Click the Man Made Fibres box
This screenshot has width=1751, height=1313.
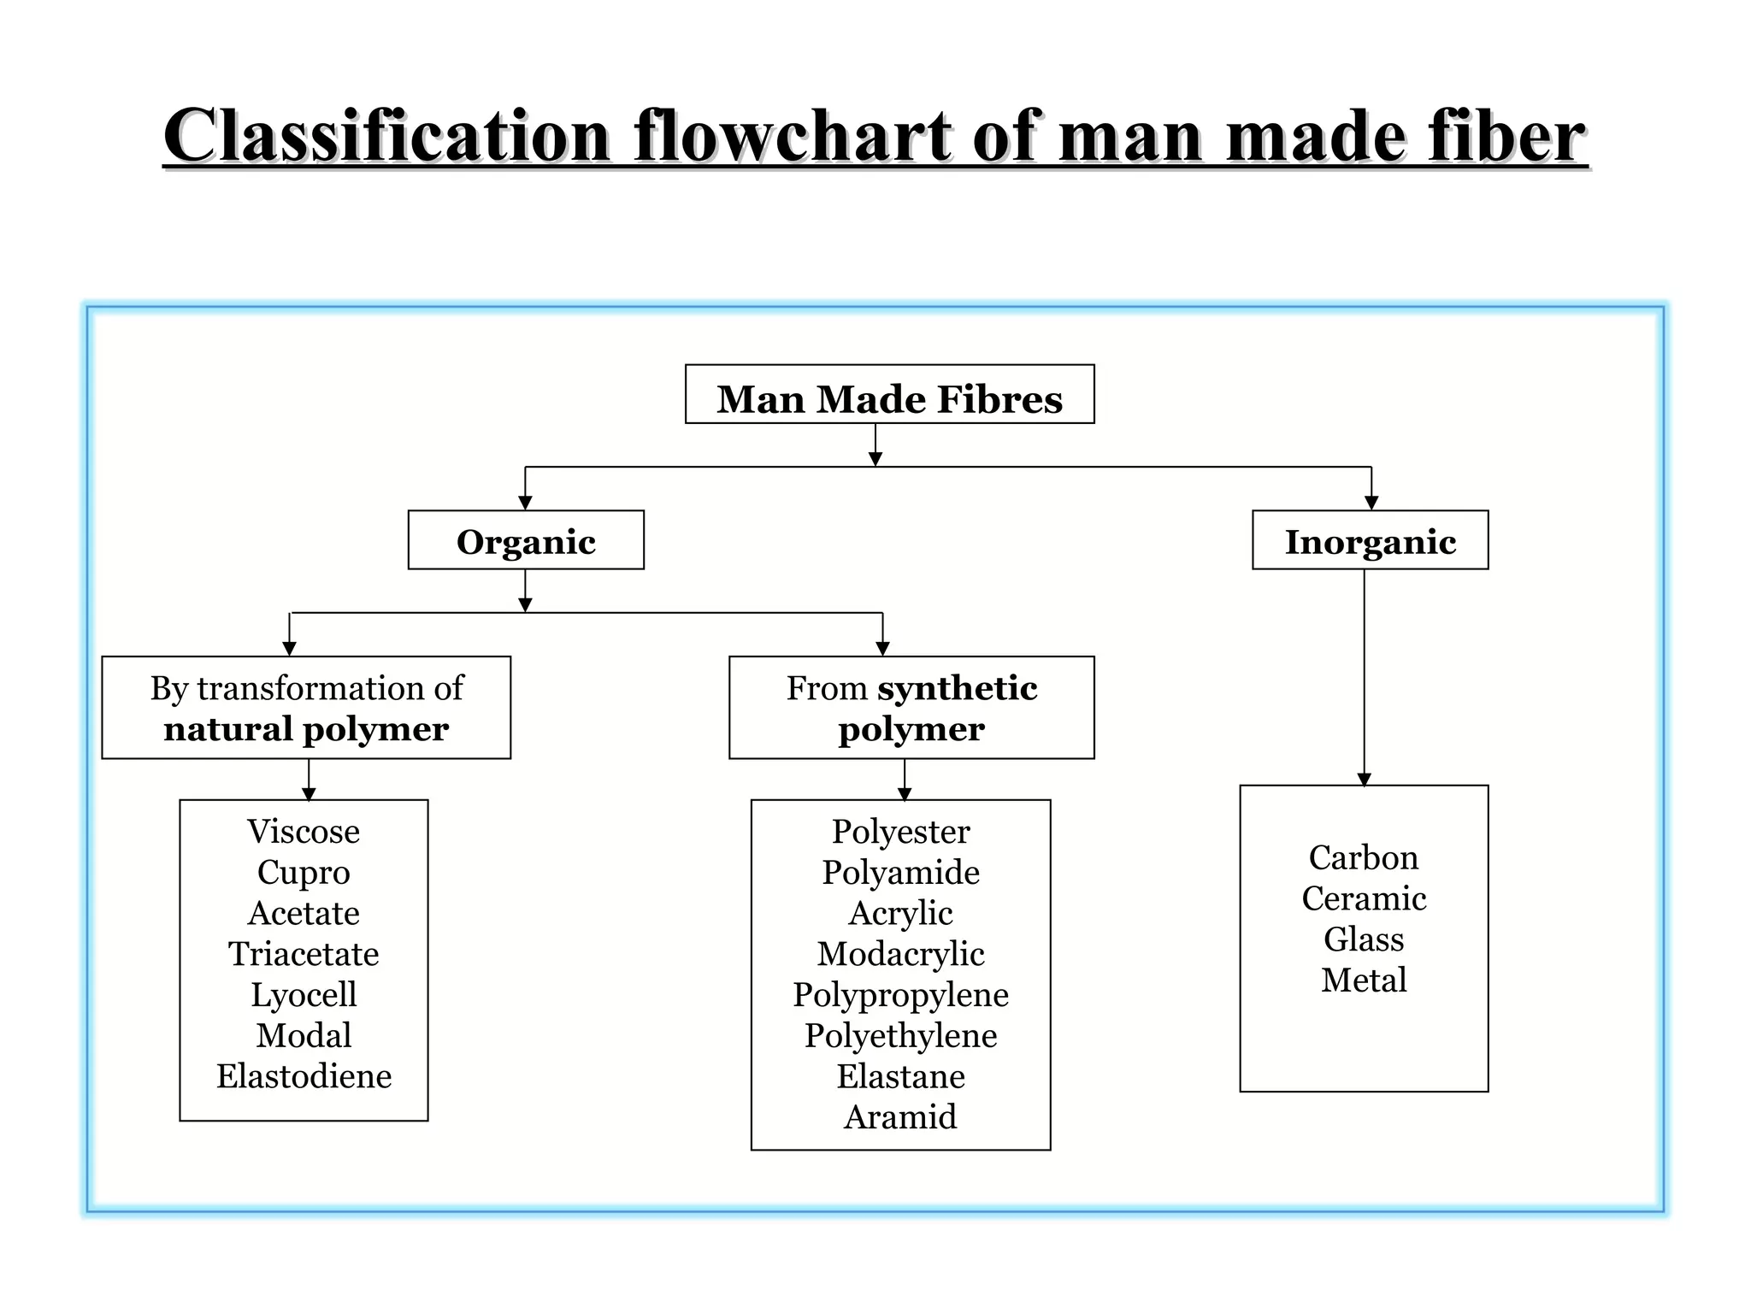tap(889, 395)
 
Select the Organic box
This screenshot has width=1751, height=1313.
tap(526, 540)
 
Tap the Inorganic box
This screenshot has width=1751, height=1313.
tap(1370, 540)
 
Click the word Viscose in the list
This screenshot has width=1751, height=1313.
tap(304, 832)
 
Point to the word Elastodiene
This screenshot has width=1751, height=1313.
tap(304, 1076)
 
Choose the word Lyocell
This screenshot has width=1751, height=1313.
tap(304, 995)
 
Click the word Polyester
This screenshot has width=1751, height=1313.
tap(900, 832)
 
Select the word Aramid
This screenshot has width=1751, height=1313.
tap(900, 1117)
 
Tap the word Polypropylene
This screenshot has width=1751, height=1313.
tap(900, 995)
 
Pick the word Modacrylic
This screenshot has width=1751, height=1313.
tap(900, 954)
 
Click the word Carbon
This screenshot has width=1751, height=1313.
tap(1363, 857)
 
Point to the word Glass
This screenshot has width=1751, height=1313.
tap(1363, 939)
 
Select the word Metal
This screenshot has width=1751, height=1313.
tap(1363, 980)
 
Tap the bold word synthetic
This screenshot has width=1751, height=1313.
tap(957, 688)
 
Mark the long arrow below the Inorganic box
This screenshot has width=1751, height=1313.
tap(1364, 675)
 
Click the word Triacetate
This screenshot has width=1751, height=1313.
tap(304, 954)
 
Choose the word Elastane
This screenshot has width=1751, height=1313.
tap(900, 1076)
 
